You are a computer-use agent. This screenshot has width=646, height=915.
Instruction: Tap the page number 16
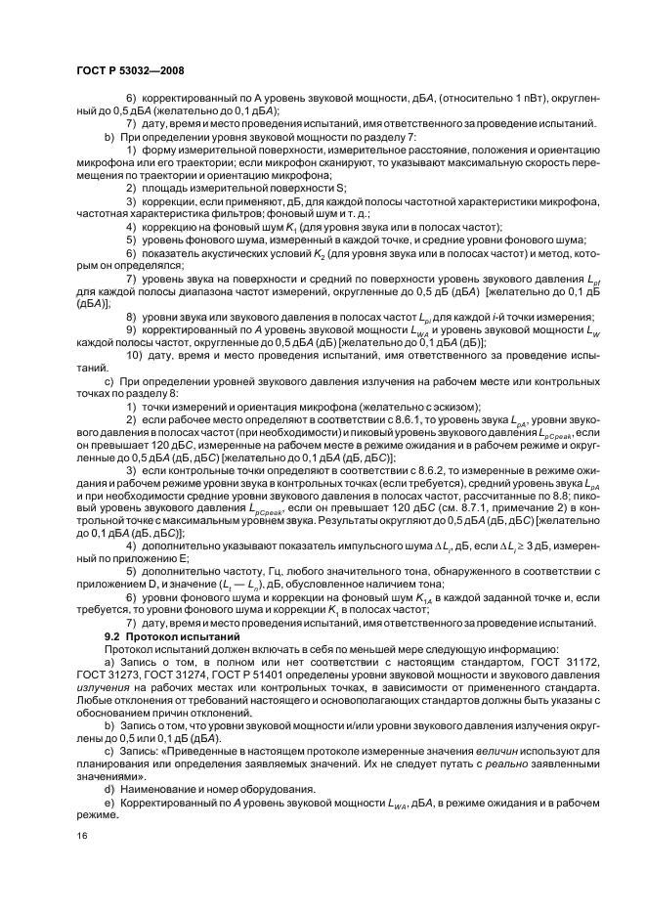81,837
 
